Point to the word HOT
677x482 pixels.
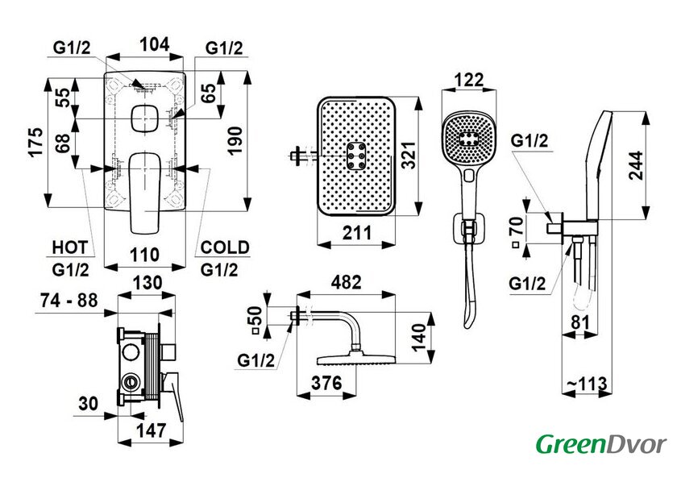(69, 247)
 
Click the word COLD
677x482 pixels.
(225, 247)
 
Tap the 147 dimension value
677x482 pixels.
(146, 431)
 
